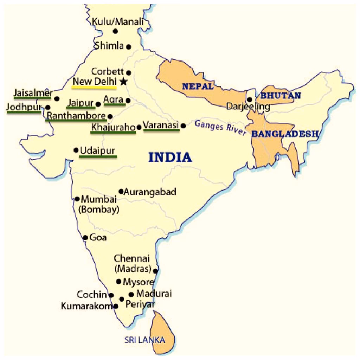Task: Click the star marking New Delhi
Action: click(x=123, y=82)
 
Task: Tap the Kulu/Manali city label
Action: click(x=118, y=22)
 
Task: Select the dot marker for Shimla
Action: click(x=129, y=46)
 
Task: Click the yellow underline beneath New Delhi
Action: click(x=94, y=86)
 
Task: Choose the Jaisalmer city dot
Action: click(x=57, y=99)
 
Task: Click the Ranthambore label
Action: click(x=76, y=116)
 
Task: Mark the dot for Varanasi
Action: click(x=183, y=126)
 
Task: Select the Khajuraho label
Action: click(x=113, y=127)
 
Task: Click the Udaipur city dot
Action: click(x=76, y=150)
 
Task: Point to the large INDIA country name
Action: click(x=170, y=157)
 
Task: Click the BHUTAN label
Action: click(x=280, y=95)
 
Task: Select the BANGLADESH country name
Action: click(x=285, y=134)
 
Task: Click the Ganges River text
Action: click(x=220, y=128)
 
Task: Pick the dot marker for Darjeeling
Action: click(x=250, y=99)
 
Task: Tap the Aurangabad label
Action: click(x=150, y=192)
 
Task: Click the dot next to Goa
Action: click(x=85, y=238)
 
